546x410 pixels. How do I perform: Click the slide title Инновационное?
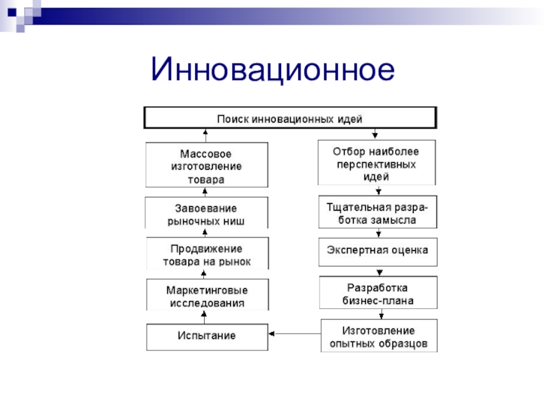pos(274,70)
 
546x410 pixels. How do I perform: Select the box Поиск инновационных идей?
pos(290,118)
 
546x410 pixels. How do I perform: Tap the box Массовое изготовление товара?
pos(207,165)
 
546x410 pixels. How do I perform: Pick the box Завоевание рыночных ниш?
pos(207,214)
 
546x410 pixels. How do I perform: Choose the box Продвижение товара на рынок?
pos(207,254)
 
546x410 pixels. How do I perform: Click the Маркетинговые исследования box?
pos(207,295)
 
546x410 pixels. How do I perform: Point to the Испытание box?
pos(207,336)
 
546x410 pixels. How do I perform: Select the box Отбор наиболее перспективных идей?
pos(377,163)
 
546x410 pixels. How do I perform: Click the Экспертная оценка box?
pos(377,251)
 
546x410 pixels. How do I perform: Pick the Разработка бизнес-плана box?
pos(377,293)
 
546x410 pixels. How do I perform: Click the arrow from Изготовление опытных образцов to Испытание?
pos(294,334)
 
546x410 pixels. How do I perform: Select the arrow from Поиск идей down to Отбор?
pos(375,134)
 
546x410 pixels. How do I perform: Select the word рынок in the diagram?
pos(235,261)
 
